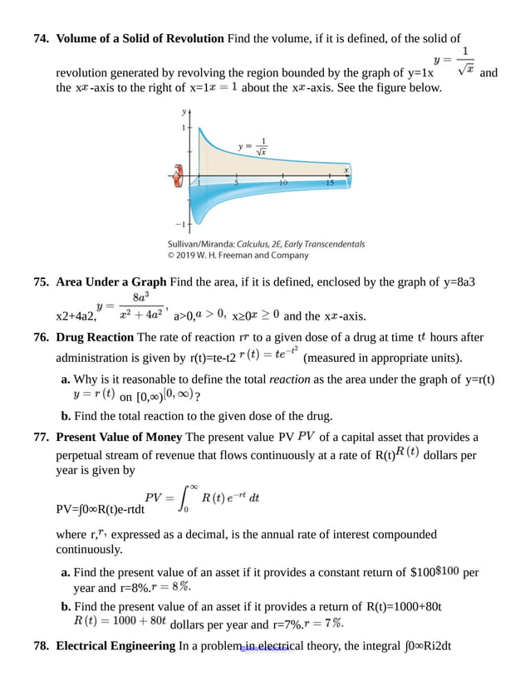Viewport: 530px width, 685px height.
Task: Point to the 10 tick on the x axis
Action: pos(283,182)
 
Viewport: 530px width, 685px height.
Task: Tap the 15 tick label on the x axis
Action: pos(330,182)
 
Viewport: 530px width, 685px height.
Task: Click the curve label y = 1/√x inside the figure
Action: pos(253,147)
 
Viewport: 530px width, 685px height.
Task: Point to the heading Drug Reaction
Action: pos(95,337)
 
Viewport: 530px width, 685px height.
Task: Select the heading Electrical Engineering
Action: pos(115,646)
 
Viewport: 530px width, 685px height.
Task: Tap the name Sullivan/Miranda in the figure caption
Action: pos(201,244)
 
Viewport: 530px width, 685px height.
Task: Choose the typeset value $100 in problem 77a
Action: pos(448,570)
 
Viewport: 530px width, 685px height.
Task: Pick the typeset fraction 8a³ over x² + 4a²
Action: pos(140,307)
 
